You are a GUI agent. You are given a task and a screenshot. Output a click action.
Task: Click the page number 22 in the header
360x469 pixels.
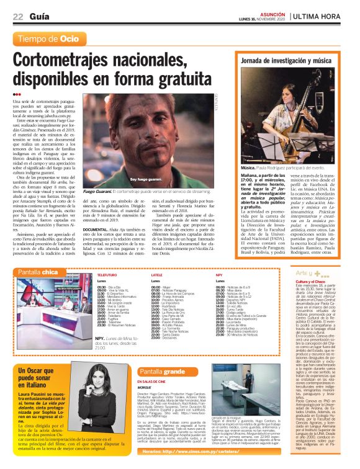pos(18,17)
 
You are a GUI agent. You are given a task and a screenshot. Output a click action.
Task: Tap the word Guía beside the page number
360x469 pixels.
pos(39,17)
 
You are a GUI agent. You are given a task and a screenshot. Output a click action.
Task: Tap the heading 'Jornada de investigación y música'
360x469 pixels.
pos(286,61)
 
